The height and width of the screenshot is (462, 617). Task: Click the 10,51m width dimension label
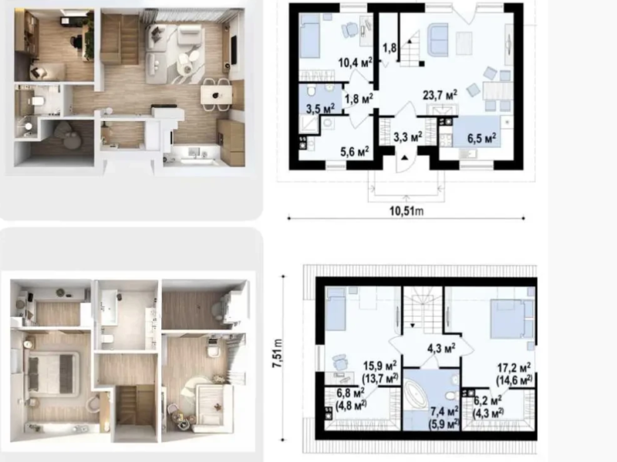pyautogui.click(x=406, y=211)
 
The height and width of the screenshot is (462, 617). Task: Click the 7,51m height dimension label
pyautogui.click(x=278, y=353)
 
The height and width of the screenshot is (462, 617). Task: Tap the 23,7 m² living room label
pyautogui.click(x=440, y=95)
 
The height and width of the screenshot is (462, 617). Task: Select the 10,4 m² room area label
pyautogui.click(x=356, y=62)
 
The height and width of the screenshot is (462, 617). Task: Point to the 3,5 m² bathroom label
pyautogui.click(x=320, y=108)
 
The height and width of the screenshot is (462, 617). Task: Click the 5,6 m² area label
pyautogui.click(x=355, y=151)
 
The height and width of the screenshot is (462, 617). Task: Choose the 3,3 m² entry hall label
pyautogui.click(x=408, y=137)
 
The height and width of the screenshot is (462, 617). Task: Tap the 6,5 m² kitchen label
pyautogui.click(x=481, y=138)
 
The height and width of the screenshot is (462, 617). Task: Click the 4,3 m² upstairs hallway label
pyautogui.click(x=441, y=348)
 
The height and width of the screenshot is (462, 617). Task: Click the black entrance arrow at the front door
pyautogui.click(x=404, y=158)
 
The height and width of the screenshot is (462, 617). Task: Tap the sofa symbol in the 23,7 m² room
pyautogui.click(x=437, y=40)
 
